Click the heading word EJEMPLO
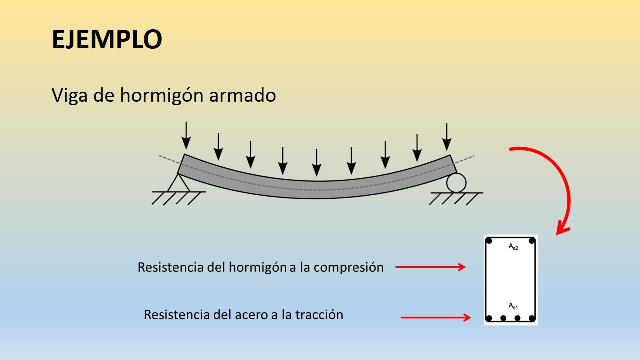tap(107, 39)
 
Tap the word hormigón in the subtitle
tap(155, 95)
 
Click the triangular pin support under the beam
tap(178, 183)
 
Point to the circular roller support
tap(456, 183)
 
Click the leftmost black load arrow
tap(186, 135)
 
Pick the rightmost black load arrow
tap(447, 137)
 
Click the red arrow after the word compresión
tap(430, 267)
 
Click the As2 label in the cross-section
tap(513, 247)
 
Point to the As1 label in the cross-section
tap(513, 306)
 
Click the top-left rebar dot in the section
tap(489, 241)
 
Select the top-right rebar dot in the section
tap(532, 241)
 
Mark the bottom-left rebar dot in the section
tap(489, 318)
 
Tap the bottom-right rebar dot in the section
tap(532, 318)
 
